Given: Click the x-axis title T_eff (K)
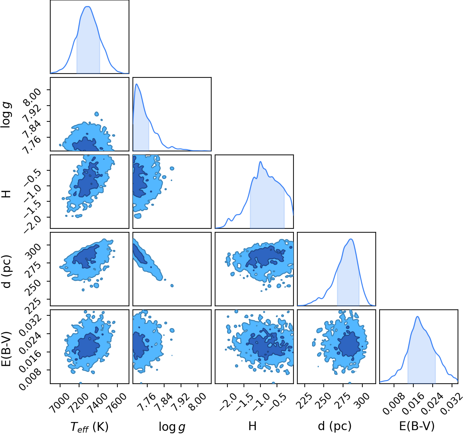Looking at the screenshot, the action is coord(89,426).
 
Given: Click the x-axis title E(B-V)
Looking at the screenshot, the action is coord(417,426).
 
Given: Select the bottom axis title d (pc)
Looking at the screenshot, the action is coord(335,426).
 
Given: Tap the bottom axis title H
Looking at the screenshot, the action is coord(252,426).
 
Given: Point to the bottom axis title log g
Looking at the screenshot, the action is coord(172,427).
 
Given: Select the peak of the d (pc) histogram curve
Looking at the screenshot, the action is coord(351,239).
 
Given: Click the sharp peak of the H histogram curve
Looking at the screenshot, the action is coord(260,162).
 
